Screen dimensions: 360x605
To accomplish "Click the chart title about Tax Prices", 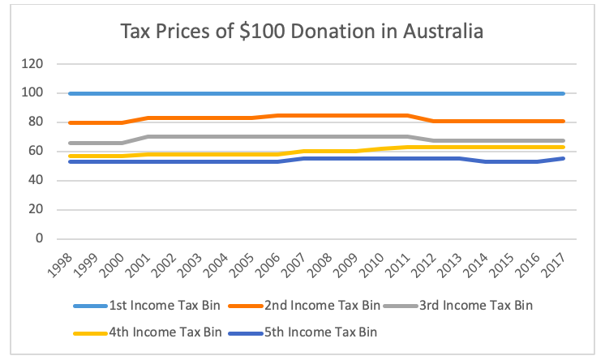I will click(x=302, y=32).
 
